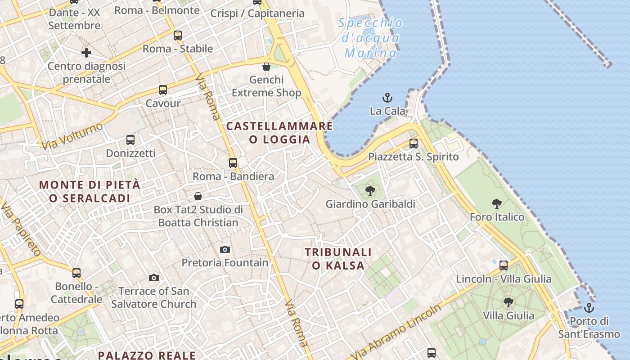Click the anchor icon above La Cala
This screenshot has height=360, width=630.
(387, 97)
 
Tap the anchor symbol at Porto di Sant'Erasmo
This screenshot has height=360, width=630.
(589, 308)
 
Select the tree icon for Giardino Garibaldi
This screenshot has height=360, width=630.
(370, 191)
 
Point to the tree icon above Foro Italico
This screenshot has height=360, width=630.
(497, 204)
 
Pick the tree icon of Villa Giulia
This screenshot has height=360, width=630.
(508, 302)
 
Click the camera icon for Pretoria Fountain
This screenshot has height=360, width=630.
(225, 249)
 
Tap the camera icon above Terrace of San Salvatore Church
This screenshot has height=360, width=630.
(154, 278)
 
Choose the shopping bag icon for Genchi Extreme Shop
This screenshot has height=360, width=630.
(266, 67)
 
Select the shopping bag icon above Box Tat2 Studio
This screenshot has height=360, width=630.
(198, 196)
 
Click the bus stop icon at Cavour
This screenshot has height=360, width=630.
(163, 90)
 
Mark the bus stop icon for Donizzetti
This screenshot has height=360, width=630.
(130, 140)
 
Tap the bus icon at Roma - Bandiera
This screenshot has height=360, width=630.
(233, 163)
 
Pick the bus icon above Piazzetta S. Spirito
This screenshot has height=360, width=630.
(414, 144)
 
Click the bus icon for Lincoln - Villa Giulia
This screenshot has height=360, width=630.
(504, 265)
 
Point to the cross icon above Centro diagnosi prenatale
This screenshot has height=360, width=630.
(86, 53)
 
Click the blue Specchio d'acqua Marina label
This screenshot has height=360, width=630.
(370, 38)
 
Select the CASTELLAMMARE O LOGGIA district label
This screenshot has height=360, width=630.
(279, 133)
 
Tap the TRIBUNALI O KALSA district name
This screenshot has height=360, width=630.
(338, 259)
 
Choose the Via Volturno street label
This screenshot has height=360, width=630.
(72, 135)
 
